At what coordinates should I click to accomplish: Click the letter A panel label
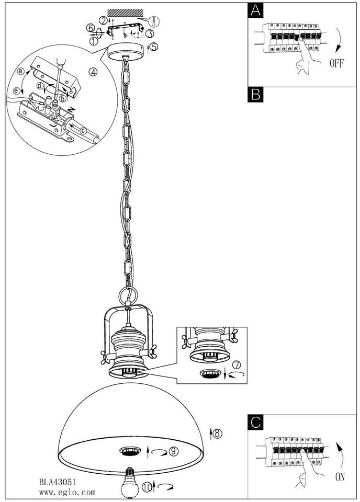tap(255, 10)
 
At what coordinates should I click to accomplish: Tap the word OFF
tap(337, 64)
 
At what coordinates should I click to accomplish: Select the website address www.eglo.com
tap(67, 492)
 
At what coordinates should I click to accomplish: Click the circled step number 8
tap(217, 432)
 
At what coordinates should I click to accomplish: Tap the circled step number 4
tap(93, 72)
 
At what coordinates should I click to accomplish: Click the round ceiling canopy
tap(125, 51)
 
